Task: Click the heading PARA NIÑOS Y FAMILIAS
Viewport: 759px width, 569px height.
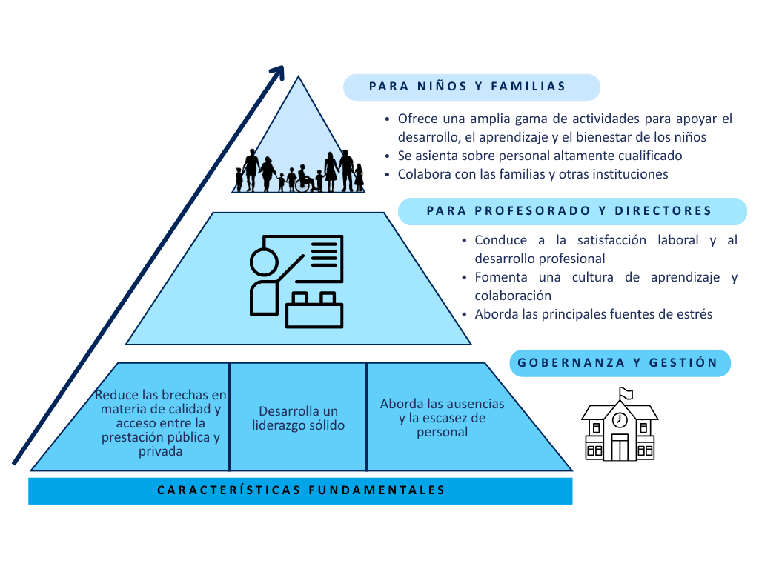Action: click(468, 87)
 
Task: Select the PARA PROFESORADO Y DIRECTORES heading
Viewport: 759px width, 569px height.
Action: click(569, 211)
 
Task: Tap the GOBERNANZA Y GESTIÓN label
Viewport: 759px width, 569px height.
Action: click(618, 363)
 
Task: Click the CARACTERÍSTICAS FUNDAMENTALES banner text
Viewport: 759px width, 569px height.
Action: click(301, 490)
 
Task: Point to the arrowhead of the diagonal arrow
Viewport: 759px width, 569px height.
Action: click(278, 72)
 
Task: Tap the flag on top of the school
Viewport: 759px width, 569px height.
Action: click(626, 393)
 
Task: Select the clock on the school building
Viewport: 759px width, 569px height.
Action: click(620, 420)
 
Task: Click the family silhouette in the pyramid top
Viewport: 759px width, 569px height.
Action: click(300, 172)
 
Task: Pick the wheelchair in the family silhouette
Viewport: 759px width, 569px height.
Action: click(303, 184)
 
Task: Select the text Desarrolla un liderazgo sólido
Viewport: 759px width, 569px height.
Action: click(297, 419)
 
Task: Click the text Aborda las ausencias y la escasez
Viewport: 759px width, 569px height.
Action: click(442, 418)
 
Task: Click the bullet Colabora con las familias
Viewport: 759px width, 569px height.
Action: click(532, 175)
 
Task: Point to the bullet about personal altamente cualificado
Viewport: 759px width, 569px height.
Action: click(540, 156)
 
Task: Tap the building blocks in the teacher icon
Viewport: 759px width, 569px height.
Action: click(314, 310)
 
